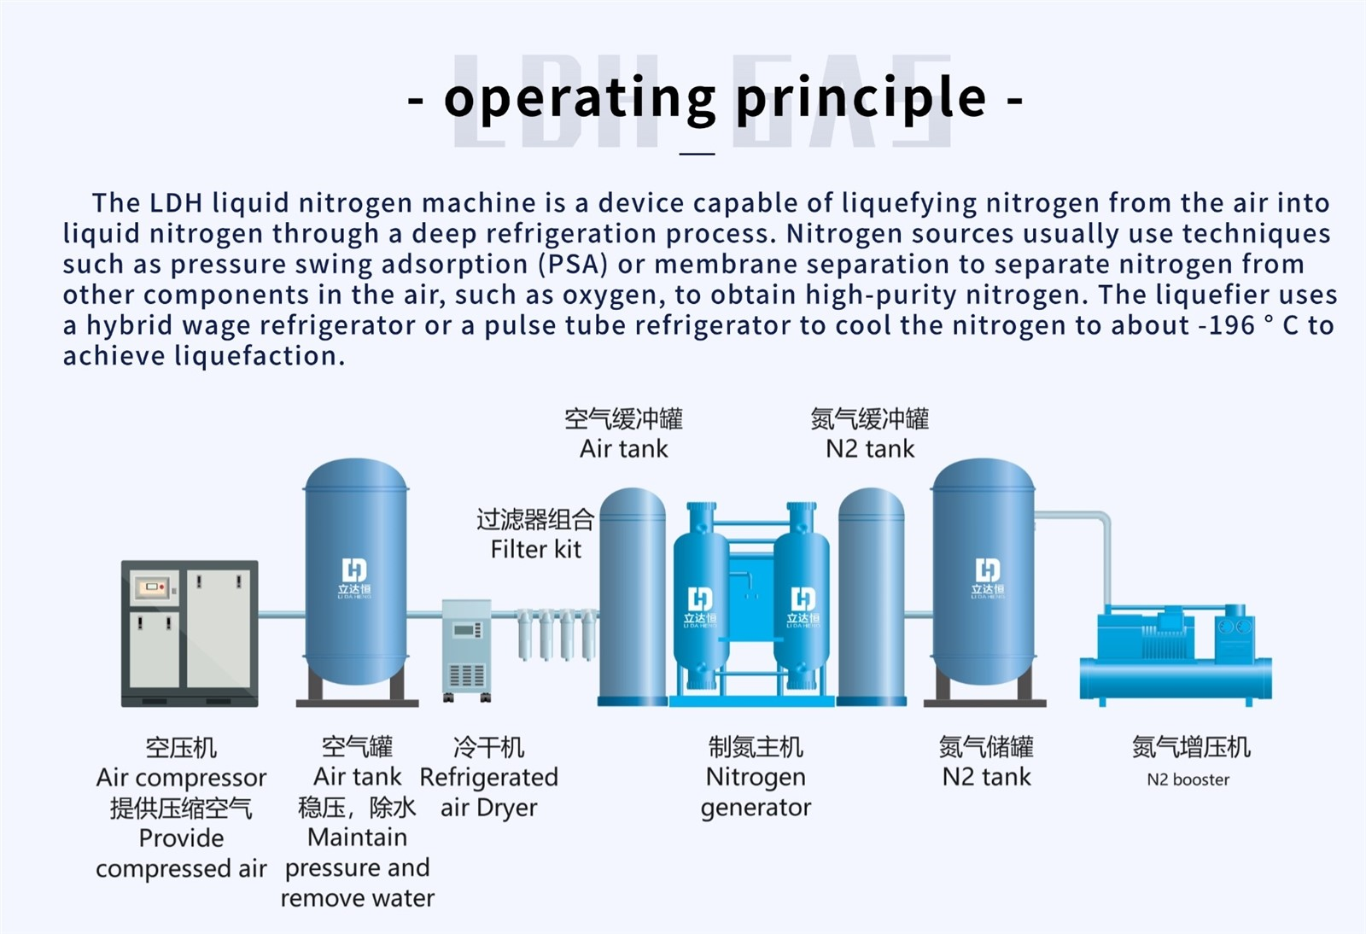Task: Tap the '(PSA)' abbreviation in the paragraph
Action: click(573, 264)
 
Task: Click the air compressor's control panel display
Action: click(153, 587)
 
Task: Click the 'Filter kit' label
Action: click(536, 549)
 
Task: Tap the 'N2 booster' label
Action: click(1188, 779)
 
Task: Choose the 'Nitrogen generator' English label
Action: click(756, 792)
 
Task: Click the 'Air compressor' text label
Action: click(181, 778)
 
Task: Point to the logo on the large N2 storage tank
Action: click(987, 577)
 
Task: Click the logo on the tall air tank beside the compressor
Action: click(354, 577)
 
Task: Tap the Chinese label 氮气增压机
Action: click(1191, 747)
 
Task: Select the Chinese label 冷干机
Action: click(488, 747)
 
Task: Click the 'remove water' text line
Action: click(358, 898)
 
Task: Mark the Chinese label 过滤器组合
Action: click(535, 519)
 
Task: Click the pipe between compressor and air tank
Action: click(281, 615)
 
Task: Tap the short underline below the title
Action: click(697, 154)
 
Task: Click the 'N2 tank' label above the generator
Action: click(870, 449)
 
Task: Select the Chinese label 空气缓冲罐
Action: click(623, 419)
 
